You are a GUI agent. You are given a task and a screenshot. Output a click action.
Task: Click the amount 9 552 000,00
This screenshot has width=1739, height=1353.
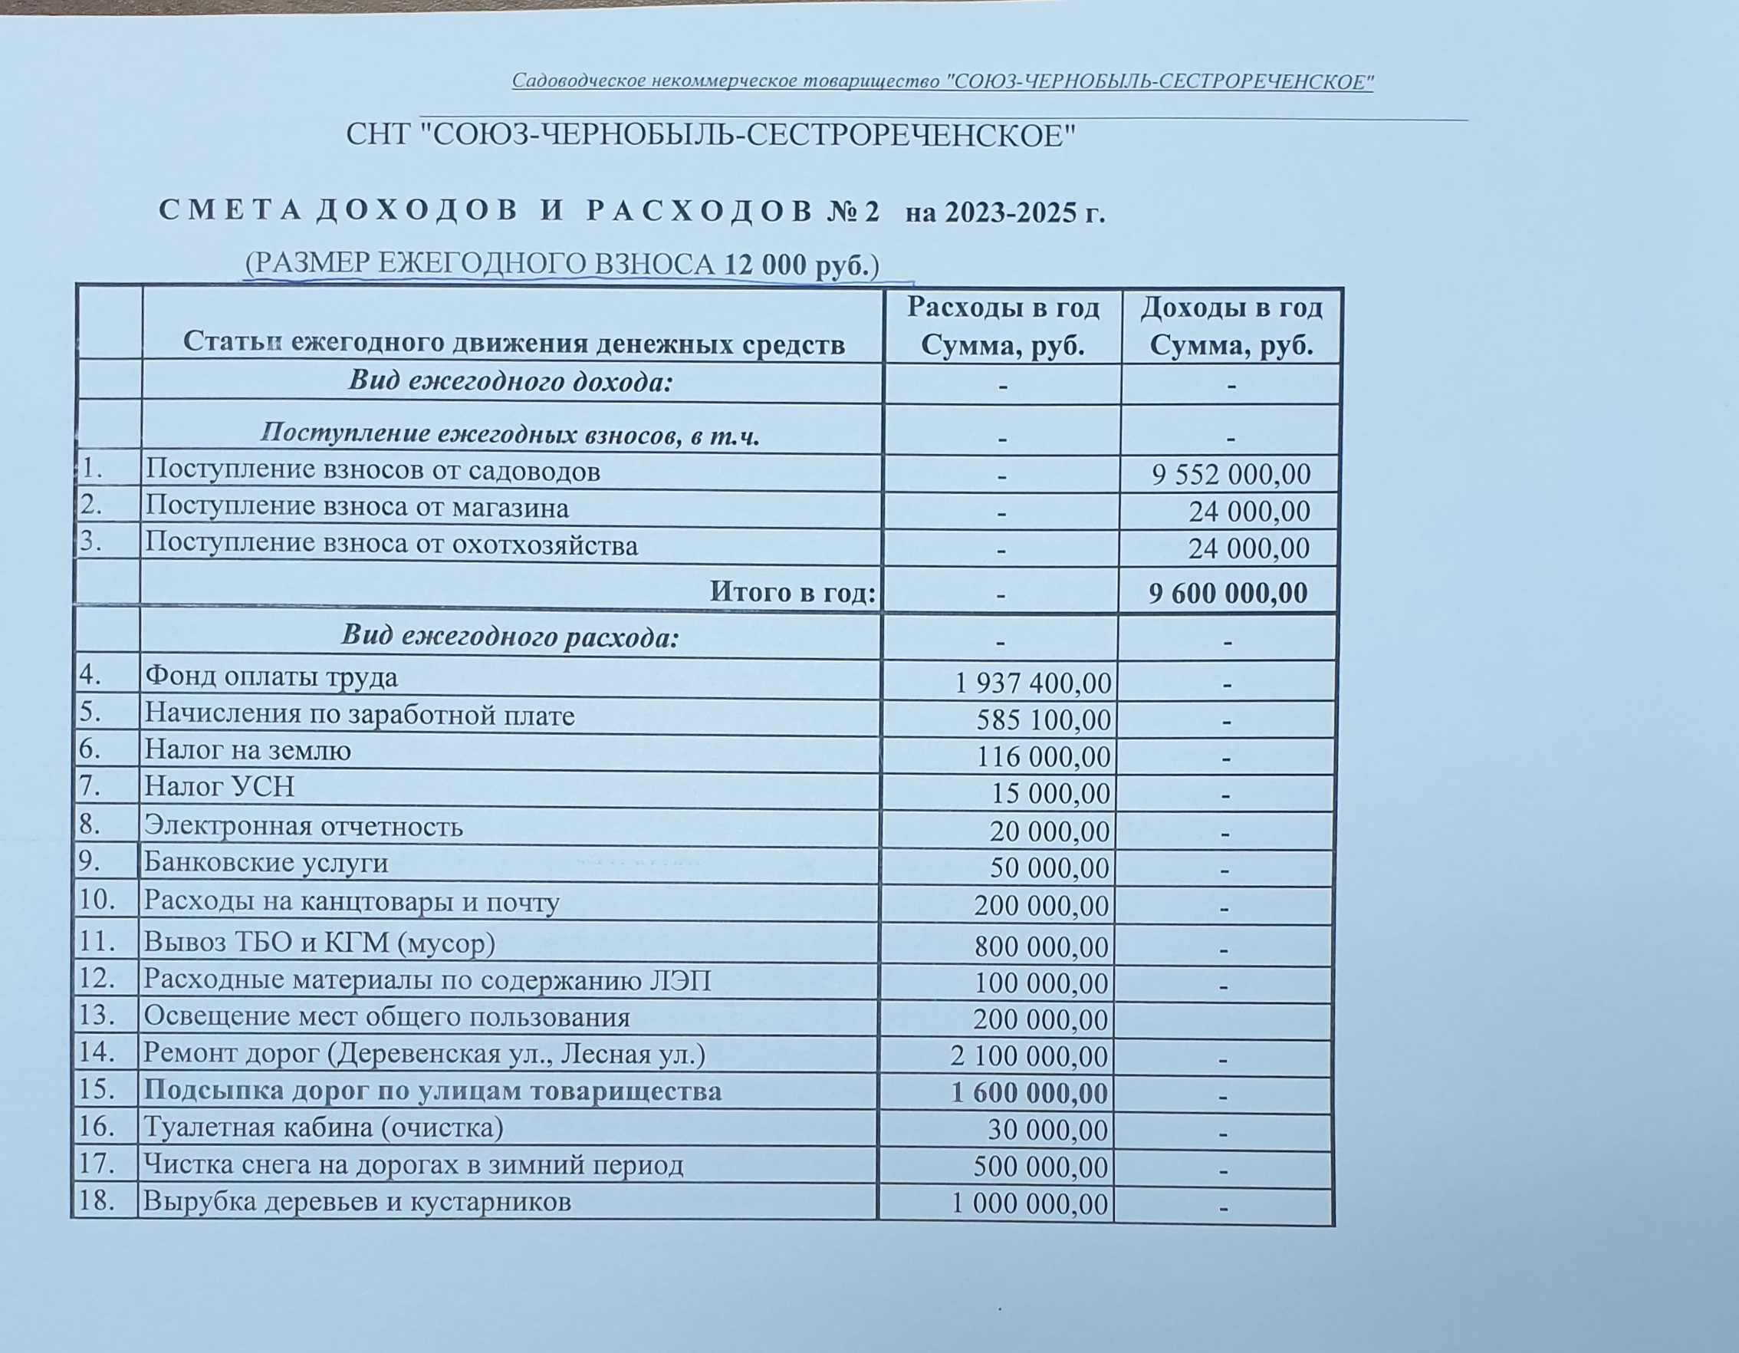[x=1230, y=475]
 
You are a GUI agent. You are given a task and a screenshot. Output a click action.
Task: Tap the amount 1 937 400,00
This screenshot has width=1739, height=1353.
[x=1033, y=683]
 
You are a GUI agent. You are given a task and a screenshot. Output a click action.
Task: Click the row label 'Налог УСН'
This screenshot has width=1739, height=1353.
[x=219, y=787]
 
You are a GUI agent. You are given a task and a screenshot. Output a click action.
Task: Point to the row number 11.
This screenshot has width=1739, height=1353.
[x=98, y=942]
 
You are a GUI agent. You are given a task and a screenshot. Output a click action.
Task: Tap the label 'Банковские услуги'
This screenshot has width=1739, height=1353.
[x=266, y=863]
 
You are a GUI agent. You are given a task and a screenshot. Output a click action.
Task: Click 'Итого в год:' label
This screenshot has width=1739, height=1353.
[x=792, y=592]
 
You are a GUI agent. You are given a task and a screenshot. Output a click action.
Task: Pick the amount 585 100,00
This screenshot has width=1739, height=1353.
[x=1043, y=720]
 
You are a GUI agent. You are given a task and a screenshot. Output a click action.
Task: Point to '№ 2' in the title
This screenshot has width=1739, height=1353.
[x=853, y=212]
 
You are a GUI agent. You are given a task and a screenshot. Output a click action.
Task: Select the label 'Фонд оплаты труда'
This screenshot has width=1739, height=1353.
[x=271, y=678]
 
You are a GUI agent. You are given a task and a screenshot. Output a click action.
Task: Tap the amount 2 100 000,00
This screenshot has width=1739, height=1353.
[x=1029, y=1057]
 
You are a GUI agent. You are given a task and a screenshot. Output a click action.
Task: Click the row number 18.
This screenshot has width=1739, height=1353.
[x=97, y=1200]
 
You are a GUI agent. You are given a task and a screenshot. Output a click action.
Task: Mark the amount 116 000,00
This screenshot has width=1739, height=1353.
[x=1043, y=756]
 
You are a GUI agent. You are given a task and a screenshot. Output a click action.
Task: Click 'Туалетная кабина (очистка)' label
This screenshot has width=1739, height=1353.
[x=324, y=1127]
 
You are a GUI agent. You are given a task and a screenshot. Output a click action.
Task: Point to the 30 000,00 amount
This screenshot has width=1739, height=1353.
[x=1048, y=1130]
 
